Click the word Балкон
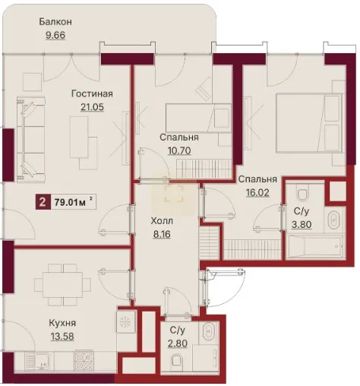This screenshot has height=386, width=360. [x=55, y=22]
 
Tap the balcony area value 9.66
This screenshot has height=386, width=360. [x=55, y=35]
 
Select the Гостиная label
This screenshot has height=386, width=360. [x=92, y=93]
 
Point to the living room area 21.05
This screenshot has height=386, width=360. [x=92, y=107]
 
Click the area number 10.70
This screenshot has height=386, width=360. [x=179, y=150]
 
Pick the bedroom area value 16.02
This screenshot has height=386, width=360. [x=257, y=192]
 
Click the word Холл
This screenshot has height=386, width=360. [x=162, y=221]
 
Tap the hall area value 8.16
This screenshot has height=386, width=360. [x=162, y=234]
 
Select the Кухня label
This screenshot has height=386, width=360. [x=62, y=323]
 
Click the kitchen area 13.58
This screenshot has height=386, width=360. [x=62, y=337]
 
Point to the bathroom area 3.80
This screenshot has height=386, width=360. [x=302, y=224]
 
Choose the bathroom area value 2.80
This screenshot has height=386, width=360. [x=178, y=343]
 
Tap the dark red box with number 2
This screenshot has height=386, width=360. [x=43, y=202]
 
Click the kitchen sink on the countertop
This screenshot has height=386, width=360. [x=39, y=361]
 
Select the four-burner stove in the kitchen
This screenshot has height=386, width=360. [x=84, y=361]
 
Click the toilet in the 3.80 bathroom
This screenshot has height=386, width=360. [x=302, y=192]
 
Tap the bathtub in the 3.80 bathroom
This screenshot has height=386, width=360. [x=314, y=245]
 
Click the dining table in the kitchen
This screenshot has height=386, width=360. [x=62, y=285]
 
